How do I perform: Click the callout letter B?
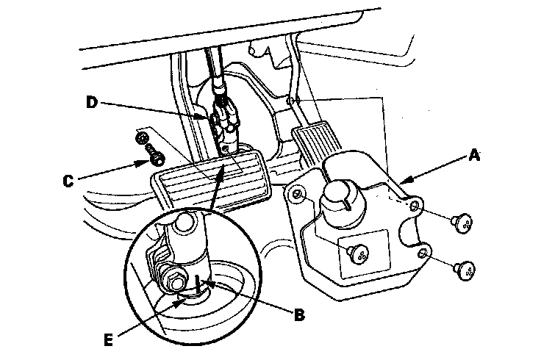click(298, 316)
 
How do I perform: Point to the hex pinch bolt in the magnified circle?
click(176, 281)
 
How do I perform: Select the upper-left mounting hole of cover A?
click(297, 195)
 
